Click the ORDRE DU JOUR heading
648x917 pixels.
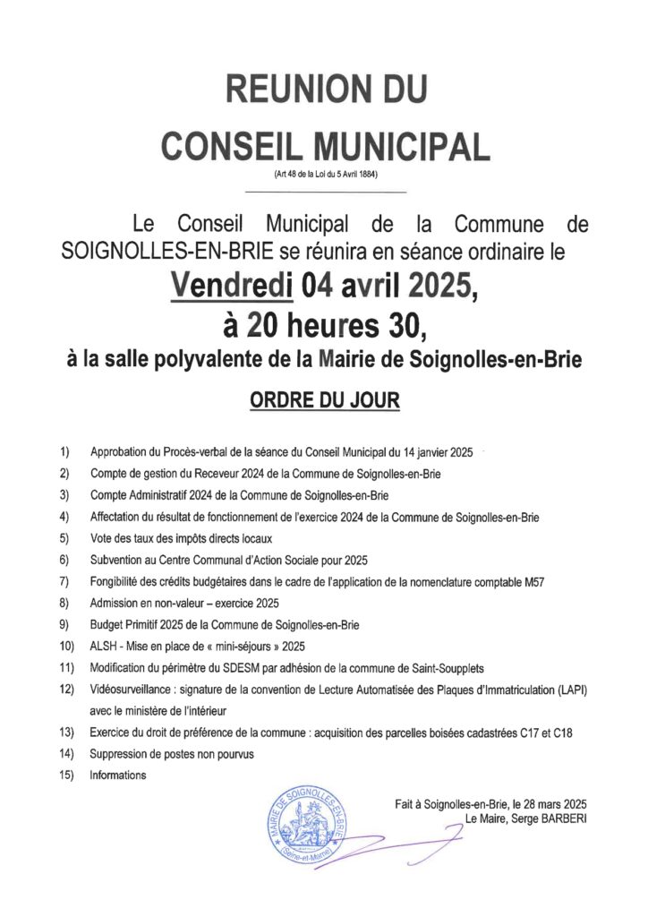click(324, 399)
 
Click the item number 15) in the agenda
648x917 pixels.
click(66, 775)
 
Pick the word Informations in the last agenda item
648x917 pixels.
click(117, 775)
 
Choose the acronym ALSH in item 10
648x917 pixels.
click(103, 646)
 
